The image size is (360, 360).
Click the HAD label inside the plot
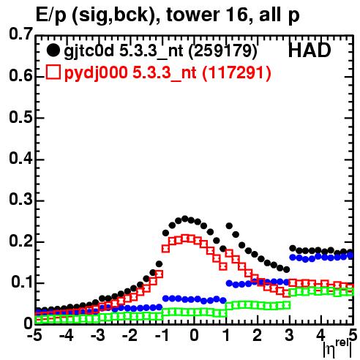tap(310, 50)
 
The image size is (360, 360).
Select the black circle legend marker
tap(53, 50)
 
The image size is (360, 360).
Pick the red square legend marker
tap(53, 72)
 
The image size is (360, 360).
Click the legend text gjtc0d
tap(89, 51)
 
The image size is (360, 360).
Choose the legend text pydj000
tap(96, 73)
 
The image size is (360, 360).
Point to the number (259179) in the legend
tap(223, 50)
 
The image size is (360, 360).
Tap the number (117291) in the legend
tap(236, 72)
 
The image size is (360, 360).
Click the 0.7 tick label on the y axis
tap(20, 34)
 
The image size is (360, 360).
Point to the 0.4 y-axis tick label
tap(20, 158)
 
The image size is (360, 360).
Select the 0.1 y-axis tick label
tap(22, 282)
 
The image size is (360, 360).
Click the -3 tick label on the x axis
tap(97, 335)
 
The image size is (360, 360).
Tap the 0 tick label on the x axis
tap(194, 335)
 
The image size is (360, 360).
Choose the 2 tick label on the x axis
tap(258, 335)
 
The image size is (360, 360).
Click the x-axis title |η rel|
tap(338, 348)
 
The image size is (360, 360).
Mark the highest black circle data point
tap(185, 219)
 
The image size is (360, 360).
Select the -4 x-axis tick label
tap(67, 335)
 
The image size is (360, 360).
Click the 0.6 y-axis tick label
tap(20, 75)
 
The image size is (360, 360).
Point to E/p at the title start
tap(52, 15)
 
